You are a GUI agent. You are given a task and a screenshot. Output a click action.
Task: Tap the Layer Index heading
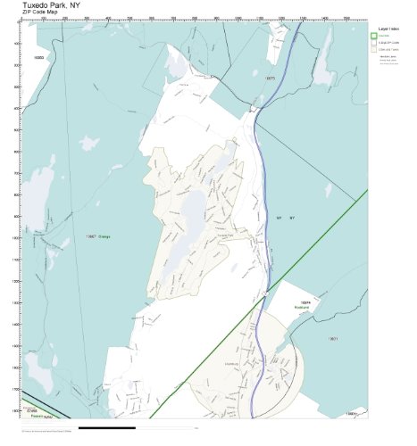coord(388,29)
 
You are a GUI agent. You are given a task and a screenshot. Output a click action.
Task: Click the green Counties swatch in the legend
coord(374,37)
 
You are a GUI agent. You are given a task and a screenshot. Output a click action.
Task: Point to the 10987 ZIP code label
coord(90,237)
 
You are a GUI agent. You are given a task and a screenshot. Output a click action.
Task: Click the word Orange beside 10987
coord(106,237)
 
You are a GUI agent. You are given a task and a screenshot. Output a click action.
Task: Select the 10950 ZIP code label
coord(38,58)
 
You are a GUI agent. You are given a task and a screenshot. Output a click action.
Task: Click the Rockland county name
coord(304,310)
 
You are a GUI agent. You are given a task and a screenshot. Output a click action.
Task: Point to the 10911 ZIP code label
coord(333,339)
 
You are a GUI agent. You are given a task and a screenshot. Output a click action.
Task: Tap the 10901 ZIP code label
coord(352,414)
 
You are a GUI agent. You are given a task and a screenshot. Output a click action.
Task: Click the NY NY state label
coord(284,218)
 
